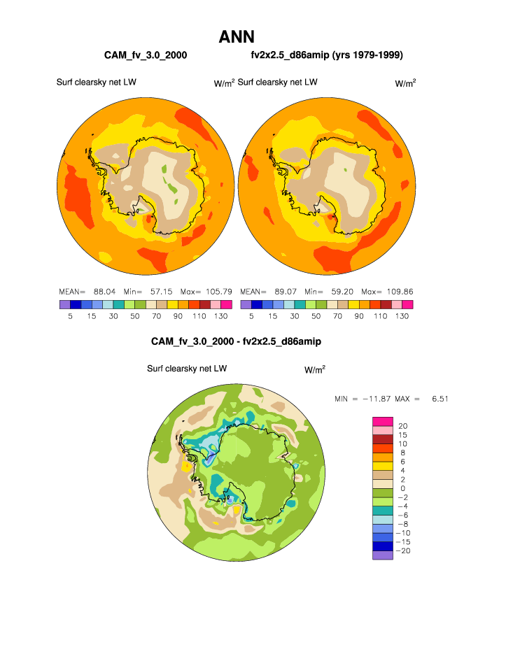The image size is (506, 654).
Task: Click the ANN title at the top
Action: (x=236, y=36)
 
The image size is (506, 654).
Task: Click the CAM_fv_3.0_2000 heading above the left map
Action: (x=145, y=55)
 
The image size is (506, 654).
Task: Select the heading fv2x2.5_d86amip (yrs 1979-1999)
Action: (x=326, y=55)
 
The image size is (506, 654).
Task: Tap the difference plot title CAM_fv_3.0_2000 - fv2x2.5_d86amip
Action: (x=236, y=341)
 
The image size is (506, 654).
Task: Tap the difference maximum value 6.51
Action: (x=440, y=399)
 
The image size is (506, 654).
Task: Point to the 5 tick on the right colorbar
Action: (x=251, y=316)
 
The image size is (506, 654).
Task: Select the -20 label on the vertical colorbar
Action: (x=405, y=551)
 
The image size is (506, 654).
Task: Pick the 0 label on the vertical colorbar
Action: (x=402, y=488)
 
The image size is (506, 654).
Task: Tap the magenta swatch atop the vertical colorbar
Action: (x=382, y=421)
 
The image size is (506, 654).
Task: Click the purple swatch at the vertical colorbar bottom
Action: (x=382, y=555)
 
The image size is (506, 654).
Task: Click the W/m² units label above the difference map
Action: (x=315, y=369)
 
